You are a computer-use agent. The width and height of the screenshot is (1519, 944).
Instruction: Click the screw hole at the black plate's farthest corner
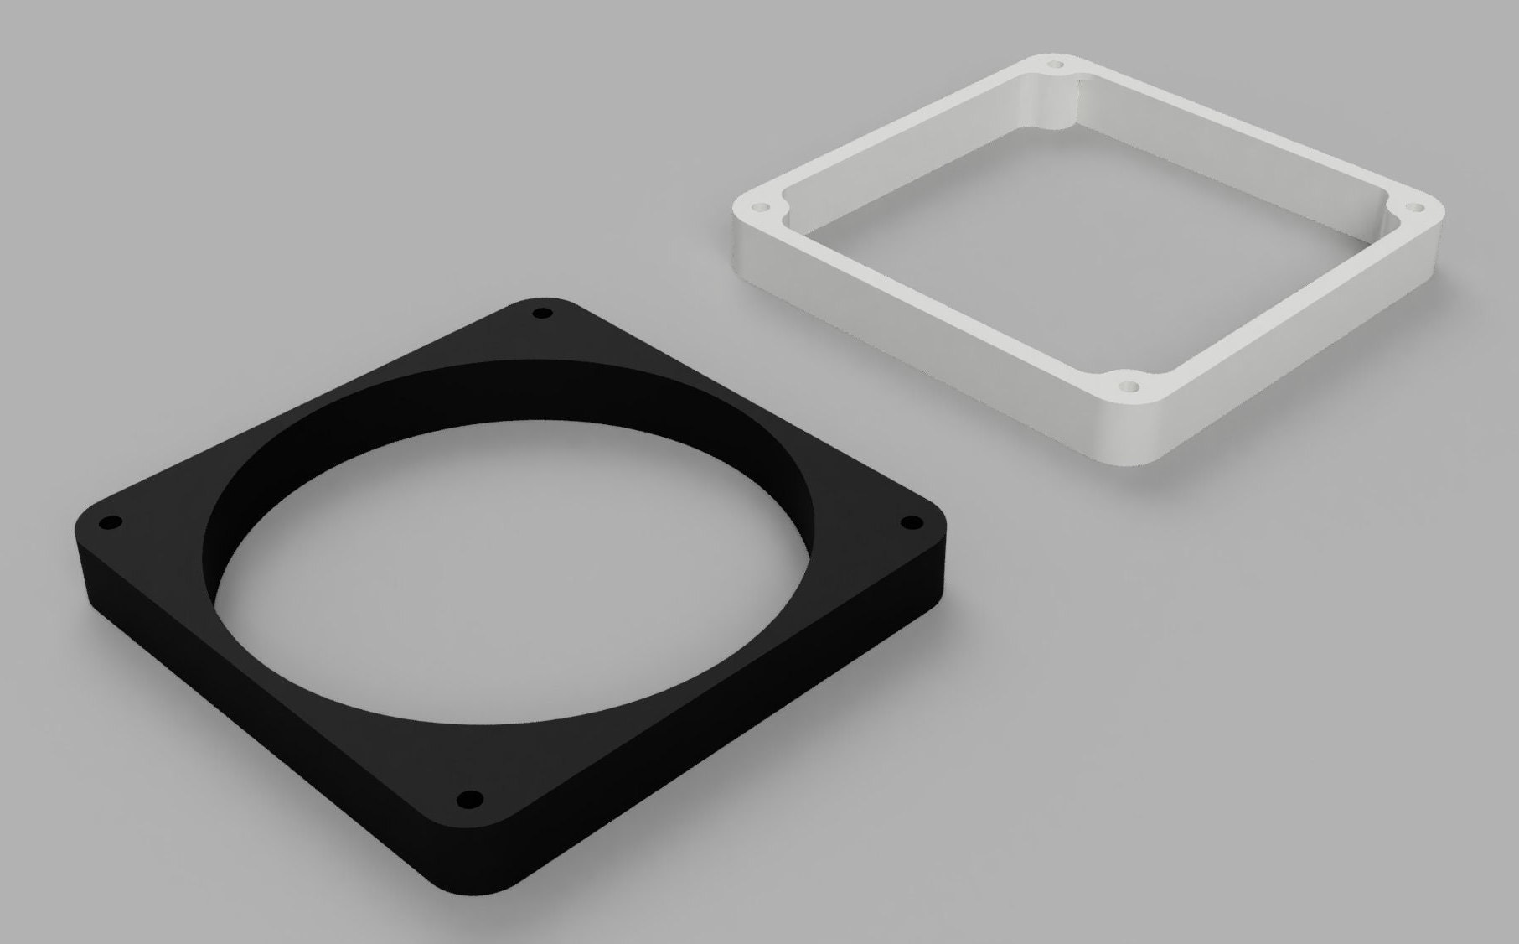pyautogui.click(x=542, y=314)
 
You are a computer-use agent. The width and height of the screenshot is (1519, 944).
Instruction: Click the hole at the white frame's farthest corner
pyautogui.click(x=1056, y=64)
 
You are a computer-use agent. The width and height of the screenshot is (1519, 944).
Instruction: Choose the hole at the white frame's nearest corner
pyautogui.click(x=1129, y=389)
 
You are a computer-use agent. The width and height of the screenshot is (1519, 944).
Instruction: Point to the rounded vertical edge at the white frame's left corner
pyautogui.click(x=741, y=243)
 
